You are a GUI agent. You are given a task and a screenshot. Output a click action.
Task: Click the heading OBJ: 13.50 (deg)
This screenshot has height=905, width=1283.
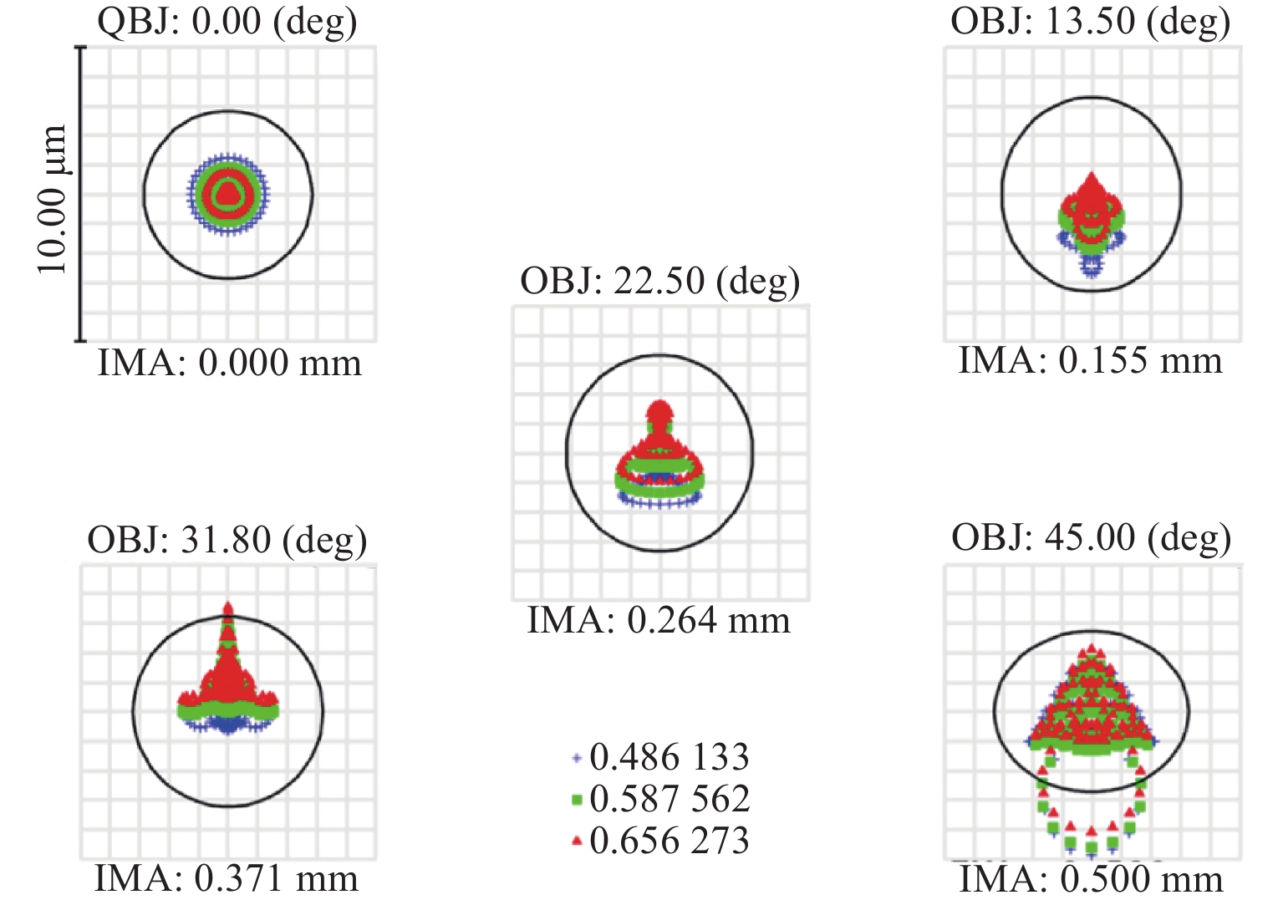click(x=1090, y=23)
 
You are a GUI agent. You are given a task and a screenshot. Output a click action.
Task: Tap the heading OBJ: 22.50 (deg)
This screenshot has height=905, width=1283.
click(x=659, y=282)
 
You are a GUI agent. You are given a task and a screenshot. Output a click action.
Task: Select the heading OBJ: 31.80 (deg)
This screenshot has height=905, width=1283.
click(x=227, y=541)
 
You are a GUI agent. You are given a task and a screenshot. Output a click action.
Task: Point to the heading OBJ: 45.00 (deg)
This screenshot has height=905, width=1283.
click(x=1091, y=538)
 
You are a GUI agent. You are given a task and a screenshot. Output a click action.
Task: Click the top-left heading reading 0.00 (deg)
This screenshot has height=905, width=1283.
click(x=227, y=21)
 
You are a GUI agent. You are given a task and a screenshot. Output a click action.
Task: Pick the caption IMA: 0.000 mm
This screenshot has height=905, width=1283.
click(x=230, y=364)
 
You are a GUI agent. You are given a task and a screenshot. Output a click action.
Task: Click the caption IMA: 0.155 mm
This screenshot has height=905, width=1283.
click(x=1090, y=361)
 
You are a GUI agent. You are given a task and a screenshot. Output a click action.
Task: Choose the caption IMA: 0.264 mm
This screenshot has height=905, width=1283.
click(x=659, y=621)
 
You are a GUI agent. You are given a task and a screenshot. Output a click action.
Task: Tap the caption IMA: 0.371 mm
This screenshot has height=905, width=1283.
click(x=227, y=879)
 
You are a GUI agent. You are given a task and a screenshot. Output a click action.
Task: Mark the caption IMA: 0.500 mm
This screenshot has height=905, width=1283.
click(x=1091, y=880)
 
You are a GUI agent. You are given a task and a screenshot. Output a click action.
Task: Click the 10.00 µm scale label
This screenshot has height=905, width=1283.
click(x=52, y=199)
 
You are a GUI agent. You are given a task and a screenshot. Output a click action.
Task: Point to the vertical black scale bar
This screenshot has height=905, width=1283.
click(x=81, y=194)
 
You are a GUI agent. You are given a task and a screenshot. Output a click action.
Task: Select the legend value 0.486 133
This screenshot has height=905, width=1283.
click(x=670, y=758)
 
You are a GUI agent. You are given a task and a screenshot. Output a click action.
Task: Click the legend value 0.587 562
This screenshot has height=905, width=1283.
click(x=670, y=799)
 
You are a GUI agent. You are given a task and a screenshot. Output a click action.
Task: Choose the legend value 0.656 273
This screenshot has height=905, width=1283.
click(x=670, y=841)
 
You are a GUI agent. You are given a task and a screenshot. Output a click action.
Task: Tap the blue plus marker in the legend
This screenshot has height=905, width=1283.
click(x=576, y=759)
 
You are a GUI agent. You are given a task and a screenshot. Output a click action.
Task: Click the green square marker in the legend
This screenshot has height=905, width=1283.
click(x=576, y=801)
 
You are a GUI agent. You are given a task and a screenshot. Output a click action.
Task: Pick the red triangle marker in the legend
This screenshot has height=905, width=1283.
click(x=576, y=841)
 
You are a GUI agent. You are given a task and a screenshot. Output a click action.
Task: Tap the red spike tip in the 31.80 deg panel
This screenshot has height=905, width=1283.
click(x=228, y=606)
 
